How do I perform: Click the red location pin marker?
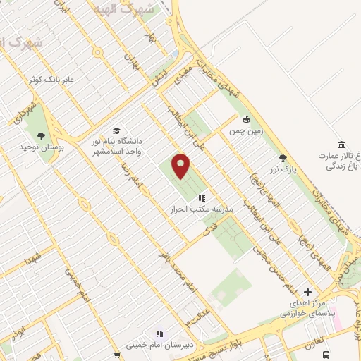[181, 166]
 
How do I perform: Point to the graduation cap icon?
[116, 130]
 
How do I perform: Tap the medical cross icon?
[307, 291]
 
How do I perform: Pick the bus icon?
[326, 355]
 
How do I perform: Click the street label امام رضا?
[132, 170]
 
